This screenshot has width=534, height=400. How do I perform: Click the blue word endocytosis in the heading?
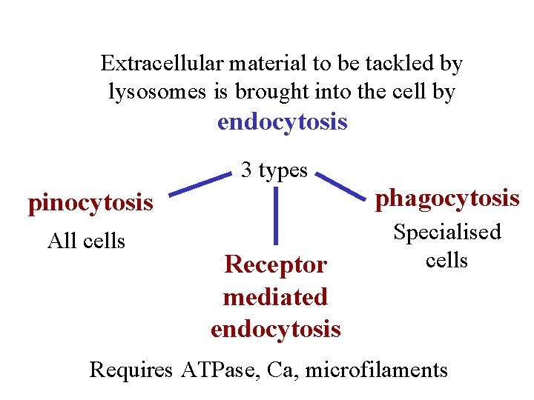[x=282, y=121]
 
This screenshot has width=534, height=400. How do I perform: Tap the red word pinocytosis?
[x=90, y=202]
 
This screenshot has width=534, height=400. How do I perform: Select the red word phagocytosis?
[x=446, y=198]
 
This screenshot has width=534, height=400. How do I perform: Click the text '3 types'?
[x=274, y=170]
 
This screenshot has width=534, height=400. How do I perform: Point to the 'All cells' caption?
[x=86, y=241]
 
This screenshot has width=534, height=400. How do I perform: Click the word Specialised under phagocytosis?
[x=446, y=232]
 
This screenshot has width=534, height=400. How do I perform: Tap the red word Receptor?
[x=275, y=264]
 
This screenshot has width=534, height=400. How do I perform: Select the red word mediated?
[x=275, y=296]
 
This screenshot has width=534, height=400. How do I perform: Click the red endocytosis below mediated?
[x=275, y=328]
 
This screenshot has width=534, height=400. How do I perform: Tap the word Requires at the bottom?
[x=131, y=369]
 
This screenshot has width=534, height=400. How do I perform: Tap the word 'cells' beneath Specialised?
[x=446, y=261]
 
